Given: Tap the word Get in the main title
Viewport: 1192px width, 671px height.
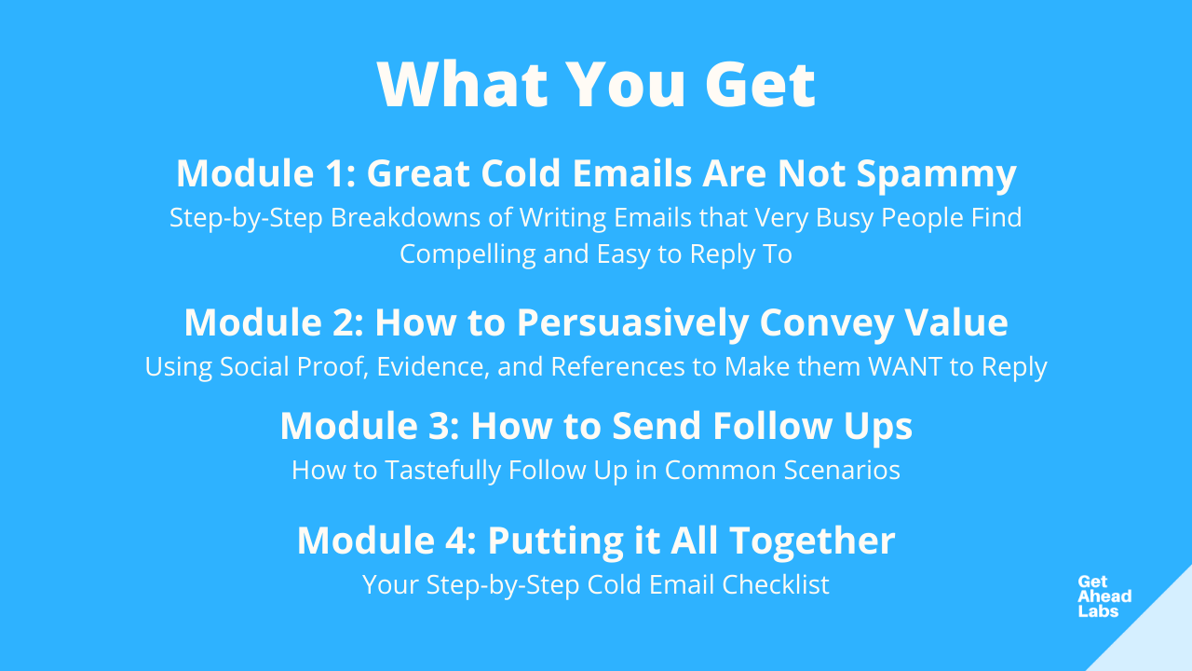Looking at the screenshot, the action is pos(761,84).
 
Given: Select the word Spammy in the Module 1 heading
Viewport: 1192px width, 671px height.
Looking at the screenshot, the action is pos(937,174).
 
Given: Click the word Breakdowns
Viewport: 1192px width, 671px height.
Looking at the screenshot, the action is pos(405,217).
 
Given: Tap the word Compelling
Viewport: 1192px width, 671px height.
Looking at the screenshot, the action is pos(467,254).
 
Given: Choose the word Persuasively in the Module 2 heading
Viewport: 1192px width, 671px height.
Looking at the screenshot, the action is pos(632,323).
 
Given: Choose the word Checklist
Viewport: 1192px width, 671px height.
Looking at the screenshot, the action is pos(776,584).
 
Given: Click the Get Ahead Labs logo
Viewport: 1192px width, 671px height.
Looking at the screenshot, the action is pos(1104,596).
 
